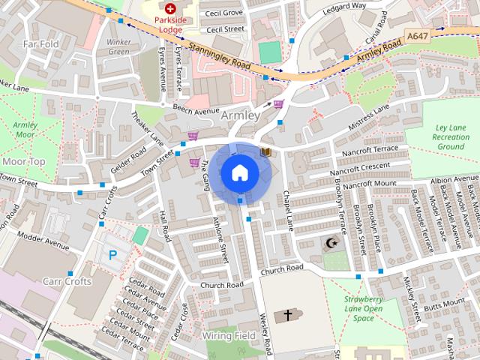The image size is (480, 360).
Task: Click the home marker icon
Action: tap(239, 172)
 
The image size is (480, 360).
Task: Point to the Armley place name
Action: tap(240, 115)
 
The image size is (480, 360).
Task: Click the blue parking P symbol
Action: tap(113, 255)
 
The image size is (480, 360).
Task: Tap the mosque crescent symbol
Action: tap(331, 243)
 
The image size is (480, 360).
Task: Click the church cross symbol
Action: tap(289, 316)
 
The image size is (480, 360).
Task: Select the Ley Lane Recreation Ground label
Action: tap(451, 137)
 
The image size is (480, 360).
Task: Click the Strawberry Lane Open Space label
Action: tap(364, 308)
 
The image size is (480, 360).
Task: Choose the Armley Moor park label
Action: tap(24, 129)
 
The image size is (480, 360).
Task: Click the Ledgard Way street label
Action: tap(345, 6)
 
